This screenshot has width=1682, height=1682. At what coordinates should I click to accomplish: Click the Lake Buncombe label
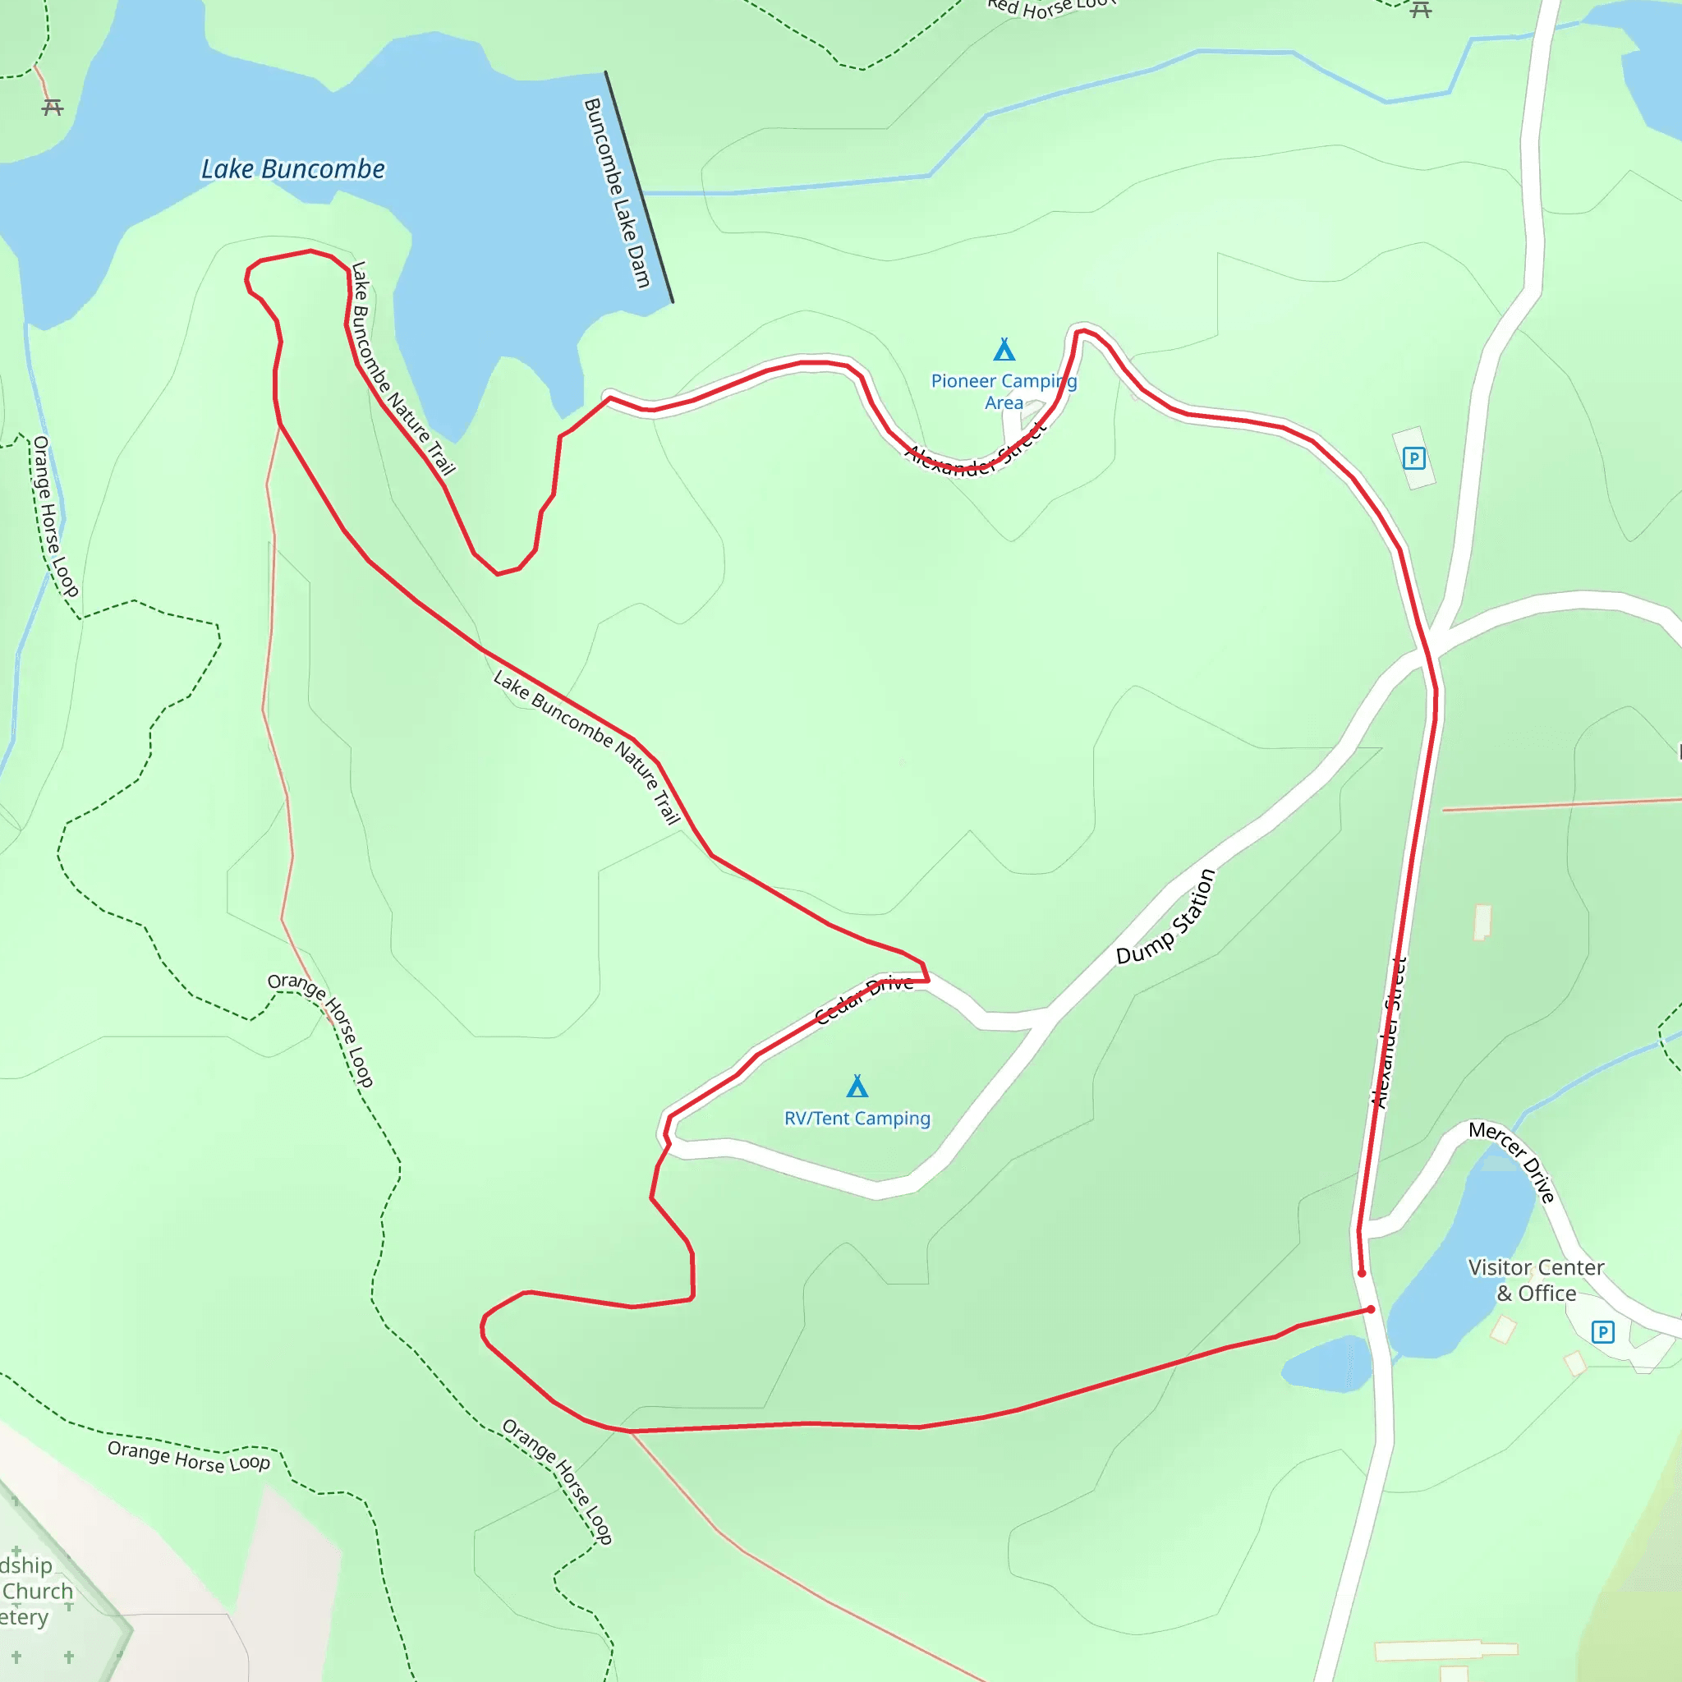coord(292,169)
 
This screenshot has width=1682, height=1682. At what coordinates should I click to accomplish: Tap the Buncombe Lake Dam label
coord(618,192)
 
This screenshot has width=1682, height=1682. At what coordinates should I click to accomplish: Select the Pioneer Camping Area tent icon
coord(1004,350)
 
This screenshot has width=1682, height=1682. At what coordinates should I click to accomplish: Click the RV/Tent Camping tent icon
coord(857,1087)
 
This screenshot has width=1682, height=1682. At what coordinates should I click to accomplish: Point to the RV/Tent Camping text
coord(857,1119)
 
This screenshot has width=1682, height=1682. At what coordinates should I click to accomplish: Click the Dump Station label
coord(1165,917)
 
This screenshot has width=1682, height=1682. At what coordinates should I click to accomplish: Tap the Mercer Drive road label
coord(1512,1161)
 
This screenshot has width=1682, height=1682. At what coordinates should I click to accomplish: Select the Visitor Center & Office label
coord(1536,1280)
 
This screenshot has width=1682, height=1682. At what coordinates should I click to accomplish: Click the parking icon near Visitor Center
coord(1603,1332)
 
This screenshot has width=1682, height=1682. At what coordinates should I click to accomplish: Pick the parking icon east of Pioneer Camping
coord(1414,458)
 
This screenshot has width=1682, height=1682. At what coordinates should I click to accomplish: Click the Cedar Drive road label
coord(865,1000)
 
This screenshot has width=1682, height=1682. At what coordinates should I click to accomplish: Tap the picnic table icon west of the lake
coord(53,107)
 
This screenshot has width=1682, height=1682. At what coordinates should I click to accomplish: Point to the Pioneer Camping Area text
coord(1004,392)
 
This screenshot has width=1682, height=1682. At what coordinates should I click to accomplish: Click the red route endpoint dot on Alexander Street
coord(1362,1274)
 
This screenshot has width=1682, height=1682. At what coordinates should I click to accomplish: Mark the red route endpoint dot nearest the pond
coord(1372,1309)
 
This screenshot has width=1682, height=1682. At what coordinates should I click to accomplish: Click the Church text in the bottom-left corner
coord(38,1592)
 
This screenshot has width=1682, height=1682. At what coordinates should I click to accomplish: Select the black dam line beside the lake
coord(639,187)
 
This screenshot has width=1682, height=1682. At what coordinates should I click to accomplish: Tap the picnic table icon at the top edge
coord(1421,10)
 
